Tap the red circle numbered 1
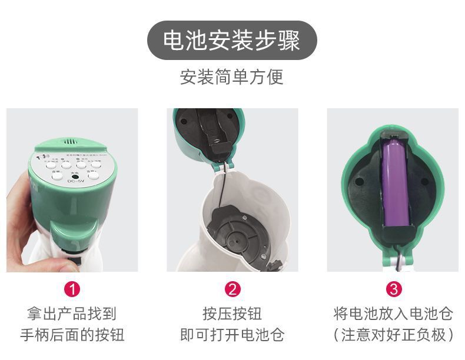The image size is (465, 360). point(72,289)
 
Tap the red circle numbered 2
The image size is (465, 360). point(232,289)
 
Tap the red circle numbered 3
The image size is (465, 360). point(393,289)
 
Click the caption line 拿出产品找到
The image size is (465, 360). point(72,313)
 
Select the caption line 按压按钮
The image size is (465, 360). point(232,313)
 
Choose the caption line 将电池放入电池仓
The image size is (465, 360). point(393,313)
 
